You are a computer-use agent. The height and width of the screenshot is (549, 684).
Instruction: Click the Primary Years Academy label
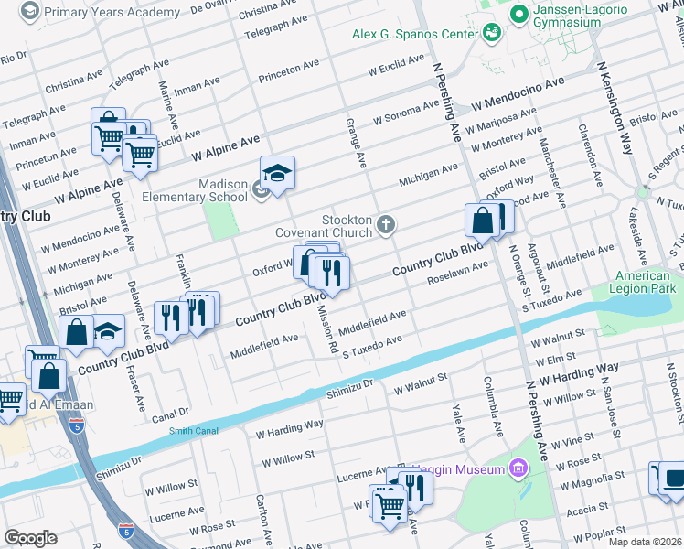click(x=112, y=13)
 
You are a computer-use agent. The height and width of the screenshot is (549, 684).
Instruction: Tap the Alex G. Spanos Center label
click(x=416, y=34)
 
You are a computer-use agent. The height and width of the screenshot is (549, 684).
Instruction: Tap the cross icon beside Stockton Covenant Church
click(x=387, y=223)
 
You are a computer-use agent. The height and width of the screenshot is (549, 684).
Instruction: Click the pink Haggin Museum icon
click(x=518, y=469)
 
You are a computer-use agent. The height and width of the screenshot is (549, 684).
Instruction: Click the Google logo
click(x=30, y=538)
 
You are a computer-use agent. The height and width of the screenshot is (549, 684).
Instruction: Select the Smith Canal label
click(x=195, y=429)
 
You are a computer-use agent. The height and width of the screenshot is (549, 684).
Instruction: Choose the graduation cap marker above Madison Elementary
click(x=277, y=172)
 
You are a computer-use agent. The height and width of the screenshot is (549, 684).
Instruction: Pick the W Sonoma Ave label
click(x=406, y=114)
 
